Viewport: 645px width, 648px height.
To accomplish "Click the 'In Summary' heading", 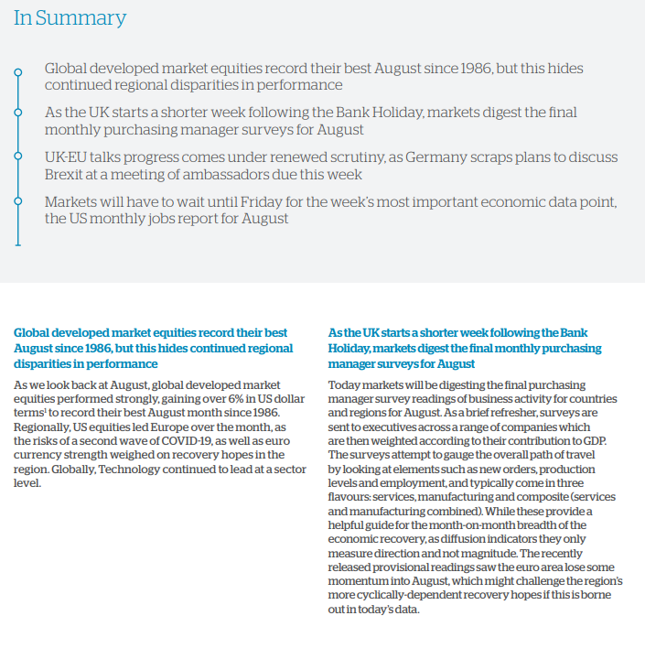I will [70, 18].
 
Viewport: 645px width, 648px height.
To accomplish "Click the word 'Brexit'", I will [68, 174].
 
